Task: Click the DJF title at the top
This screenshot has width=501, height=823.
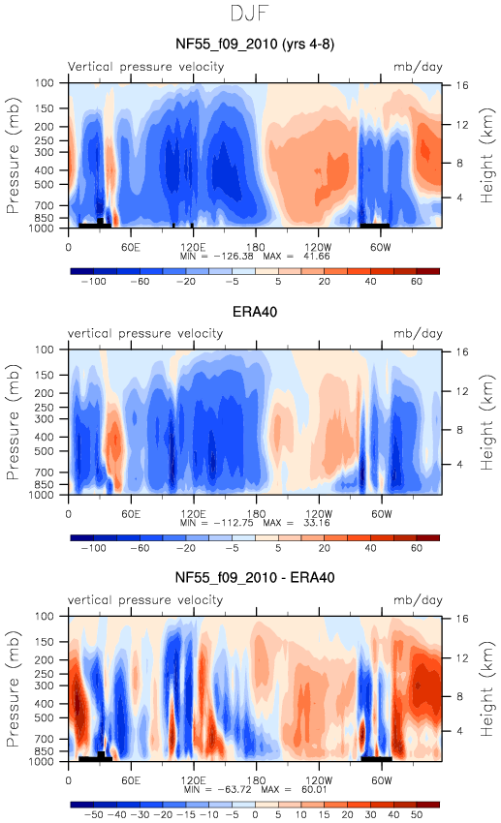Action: point(250,14)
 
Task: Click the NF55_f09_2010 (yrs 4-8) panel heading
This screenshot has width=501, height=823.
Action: point(255,45)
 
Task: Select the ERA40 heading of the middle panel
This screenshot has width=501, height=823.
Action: point(255,312)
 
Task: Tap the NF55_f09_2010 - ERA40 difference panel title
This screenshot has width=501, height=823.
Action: point(255,578)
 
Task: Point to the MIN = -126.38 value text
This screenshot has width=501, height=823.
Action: point(216,257)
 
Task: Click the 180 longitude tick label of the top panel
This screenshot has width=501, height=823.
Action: point(256,247)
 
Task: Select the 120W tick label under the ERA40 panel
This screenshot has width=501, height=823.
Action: point(319,514)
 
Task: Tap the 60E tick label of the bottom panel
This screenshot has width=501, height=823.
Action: point(131,780)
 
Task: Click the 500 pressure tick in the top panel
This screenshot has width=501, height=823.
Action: point(45,185)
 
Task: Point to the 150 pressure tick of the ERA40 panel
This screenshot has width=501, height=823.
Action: point(45,375)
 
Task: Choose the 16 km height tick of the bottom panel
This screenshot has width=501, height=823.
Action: point(461,619)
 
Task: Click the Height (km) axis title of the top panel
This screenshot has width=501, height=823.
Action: point(487,156)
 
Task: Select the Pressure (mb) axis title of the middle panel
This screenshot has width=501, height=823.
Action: point(13,422)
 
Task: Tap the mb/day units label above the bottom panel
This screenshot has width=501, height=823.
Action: point(418,600)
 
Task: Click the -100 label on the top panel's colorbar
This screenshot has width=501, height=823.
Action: point(93,282)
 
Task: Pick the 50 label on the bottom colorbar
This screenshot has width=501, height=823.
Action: point(417,814)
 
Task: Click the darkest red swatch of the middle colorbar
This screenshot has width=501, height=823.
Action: point(427,537)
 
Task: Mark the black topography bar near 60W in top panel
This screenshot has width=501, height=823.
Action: point(375,226)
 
